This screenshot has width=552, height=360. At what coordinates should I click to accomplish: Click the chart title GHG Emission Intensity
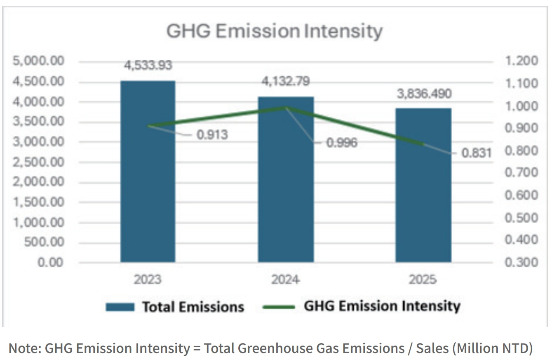(x=275, y=31)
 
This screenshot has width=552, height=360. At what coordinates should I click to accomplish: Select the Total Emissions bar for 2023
(x=148, y=172)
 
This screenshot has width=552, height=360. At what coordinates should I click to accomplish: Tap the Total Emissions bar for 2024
(x=286, y=179)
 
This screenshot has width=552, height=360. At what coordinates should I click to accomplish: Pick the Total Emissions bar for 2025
(x=424, y=185)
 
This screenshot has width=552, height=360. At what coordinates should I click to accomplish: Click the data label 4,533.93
(x=148, y=65)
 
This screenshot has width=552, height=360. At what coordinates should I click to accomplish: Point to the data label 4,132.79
(x=286, y=81)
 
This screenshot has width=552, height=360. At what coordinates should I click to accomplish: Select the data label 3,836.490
(x=424, y=94)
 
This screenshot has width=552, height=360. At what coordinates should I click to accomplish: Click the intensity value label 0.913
(x=212, y=134)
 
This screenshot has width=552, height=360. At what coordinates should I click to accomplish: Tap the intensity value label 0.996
(x=342, y=143)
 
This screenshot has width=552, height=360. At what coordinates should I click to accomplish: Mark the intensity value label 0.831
(x=477, y=153)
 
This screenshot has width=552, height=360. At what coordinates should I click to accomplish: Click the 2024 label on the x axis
(x=286, y=280)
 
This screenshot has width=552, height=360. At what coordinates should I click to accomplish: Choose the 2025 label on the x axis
(x=423, y=280)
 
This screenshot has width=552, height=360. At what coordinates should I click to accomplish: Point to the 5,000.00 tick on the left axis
(x=38, y=61)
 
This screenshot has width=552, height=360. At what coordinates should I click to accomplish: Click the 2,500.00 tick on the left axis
(x=38, y=162)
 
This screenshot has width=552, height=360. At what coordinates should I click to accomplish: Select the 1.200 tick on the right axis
(x=521, y=61)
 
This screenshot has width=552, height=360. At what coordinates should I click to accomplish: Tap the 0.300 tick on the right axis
(x=521, y=262)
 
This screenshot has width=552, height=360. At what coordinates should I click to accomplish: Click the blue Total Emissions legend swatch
(x=120, y=307)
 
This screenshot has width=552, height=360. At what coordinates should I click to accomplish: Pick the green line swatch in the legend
(x=279, y=307)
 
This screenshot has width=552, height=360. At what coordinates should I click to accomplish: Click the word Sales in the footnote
(x=432, y=348)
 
